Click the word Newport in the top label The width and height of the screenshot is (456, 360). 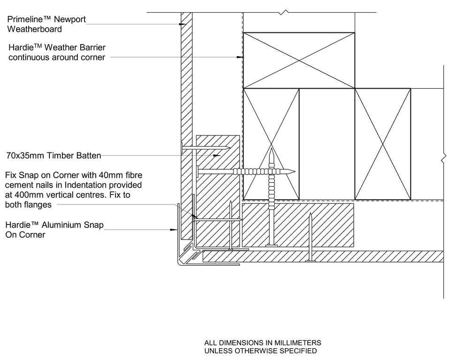70,20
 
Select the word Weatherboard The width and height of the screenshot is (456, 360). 34,29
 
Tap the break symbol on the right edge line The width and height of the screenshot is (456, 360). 443,159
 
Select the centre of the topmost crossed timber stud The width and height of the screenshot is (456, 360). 299,60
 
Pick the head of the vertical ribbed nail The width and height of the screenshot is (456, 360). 271,244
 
